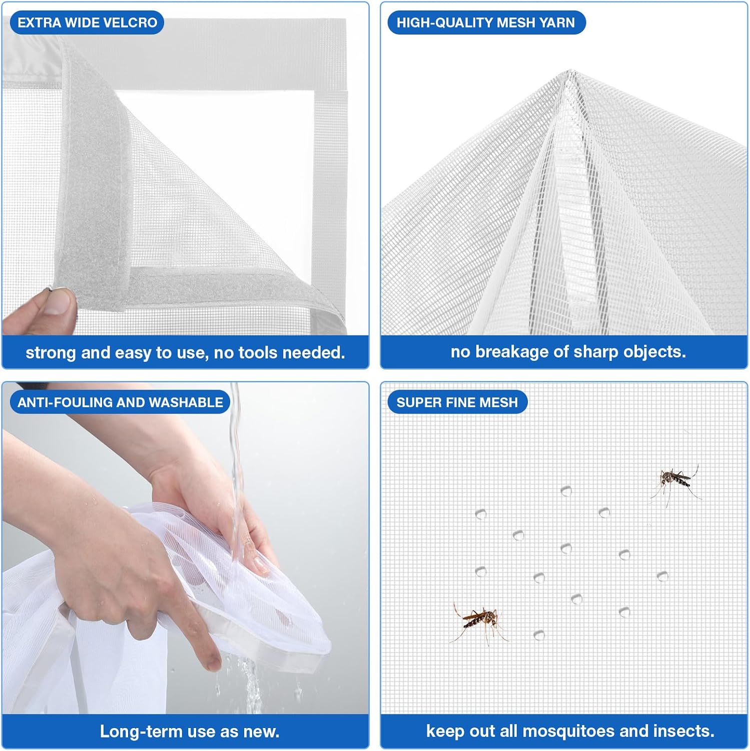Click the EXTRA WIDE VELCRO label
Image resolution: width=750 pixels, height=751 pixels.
[x=87, y=23]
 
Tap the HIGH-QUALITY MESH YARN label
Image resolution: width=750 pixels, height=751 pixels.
[x=486, y=23]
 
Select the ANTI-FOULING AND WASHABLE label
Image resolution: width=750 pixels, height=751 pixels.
[x=120, y=402]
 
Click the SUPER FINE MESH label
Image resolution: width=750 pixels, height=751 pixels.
[x=457, y=402]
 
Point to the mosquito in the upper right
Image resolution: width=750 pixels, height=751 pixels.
[x=675, y=483]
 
